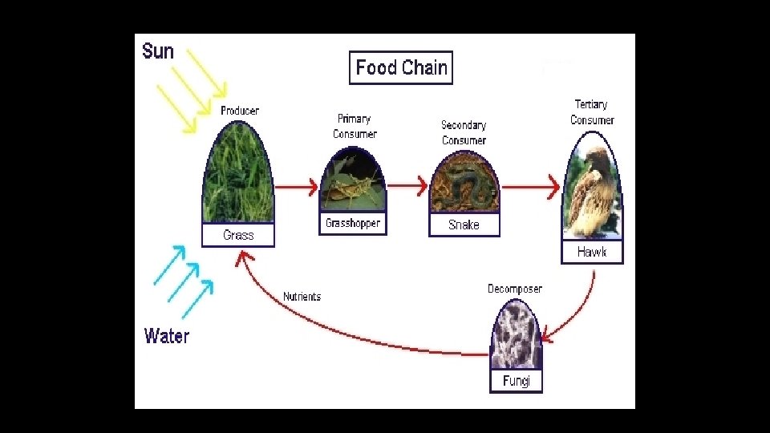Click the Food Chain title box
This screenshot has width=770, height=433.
point(401,68)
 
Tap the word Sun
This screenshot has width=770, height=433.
point(158,51)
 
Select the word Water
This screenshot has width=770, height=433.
point(167,336)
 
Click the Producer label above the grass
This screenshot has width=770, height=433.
point(240,111)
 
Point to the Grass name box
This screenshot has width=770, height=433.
point(238,235)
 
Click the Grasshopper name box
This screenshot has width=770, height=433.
point(353,224)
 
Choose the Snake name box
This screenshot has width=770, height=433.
point(464,225)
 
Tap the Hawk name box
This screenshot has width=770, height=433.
point(592,252)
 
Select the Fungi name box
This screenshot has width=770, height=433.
point(516,381)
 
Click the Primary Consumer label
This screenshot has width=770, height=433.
point(355,127)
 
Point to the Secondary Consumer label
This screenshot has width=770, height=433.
point(464,132)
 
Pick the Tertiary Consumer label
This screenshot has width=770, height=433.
point(592,112)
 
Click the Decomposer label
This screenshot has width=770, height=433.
point(515,289)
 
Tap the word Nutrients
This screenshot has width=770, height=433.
point(302,297)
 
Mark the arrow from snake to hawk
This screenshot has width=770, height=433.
point(530,188)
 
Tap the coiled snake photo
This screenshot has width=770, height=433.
point(464,186)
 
